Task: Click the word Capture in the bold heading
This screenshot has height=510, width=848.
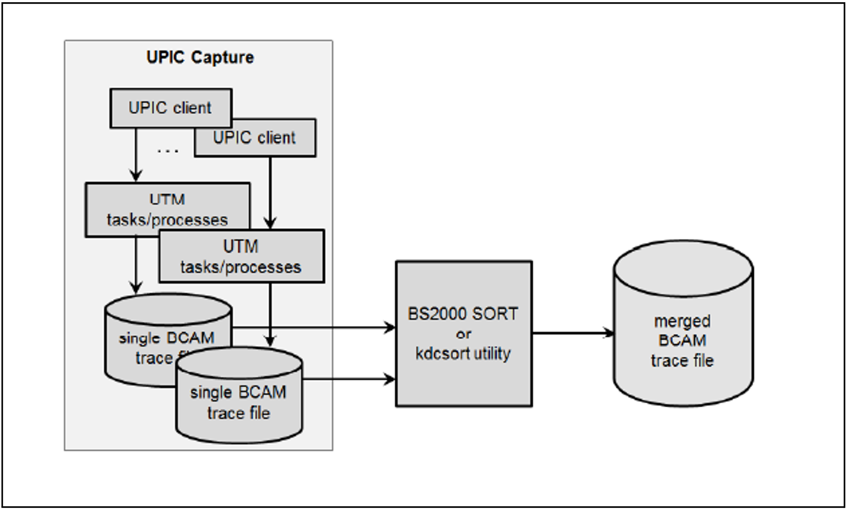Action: (x=222, y=57)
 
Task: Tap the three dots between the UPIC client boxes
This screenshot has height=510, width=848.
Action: (x=168, y=151)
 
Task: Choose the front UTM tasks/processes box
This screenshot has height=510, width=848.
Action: (x=241, y=256)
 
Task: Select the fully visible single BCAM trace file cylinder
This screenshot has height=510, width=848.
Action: (x=239, y=402)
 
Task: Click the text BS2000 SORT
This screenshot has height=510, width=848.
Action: (x=463, y=314)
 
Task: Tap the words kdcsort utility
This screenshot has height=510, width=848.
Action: (x=463, y=354)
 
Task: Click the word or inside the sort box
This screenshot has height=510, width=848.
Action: (x=463, y=334)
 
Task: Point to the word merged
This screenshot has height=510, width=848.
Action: (x=682, y=321)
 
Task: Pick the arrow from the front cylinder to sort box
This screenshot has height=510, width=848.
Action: (x=348, y=380)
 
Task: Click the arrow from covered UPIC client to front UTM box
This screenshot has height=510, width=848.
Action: (x=270, y=192)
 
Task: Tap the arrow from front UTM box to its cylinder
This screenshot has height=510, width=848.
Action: (x=270, y=313)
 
